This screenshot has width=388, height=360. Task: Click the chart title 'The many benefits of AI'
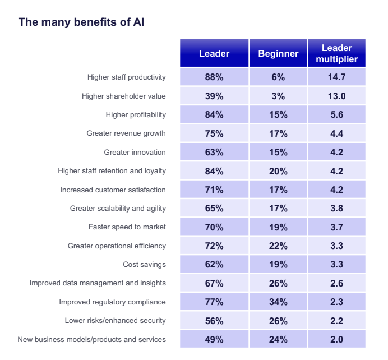(83, 22)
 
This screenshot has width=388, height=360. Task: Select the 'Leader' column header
(214, 54)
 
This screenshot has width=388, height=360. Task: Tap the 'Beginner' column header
(278, 54)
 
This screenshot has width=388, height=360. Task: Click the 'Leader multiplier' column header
(336, 54)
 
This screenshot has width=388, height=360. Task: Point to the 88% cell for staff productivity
(214, 77)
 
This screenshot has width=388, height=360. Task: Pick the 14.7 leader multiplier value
(336, 77)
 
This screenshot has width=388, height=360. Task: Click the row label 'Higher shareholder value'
(123, 96)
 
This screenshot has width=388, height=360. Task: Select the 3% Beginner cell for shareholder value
(278, 96)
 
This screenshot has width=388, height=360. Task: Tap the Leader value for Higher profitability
(214, 115)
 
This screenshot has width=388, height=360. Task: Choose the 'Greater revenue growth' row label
(126, 133)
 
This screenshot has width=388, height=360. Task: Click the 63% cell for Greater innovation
(214, 152)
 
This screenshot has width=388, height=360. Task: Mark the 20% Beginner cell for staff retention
(278, 171)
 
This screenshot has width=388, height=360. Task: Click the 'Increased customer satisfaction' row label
(113, 190)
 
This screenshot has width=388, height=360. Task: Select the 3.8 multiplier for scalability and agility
(336, 209)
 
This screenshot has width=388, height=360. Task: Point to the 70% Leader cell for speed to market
(214, 227)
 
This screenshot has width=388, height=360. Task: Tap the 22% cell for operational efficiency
(278, 246)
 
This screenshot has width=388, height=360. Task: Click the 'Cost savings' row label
(144, 264)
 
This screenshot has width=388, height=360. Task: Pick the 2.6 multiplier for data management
(336, 283)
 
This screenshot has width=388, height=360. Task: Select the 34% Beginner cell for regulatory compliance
(278, 302)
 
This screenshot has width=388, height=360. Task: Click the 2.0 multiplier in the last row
(336, 339)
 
